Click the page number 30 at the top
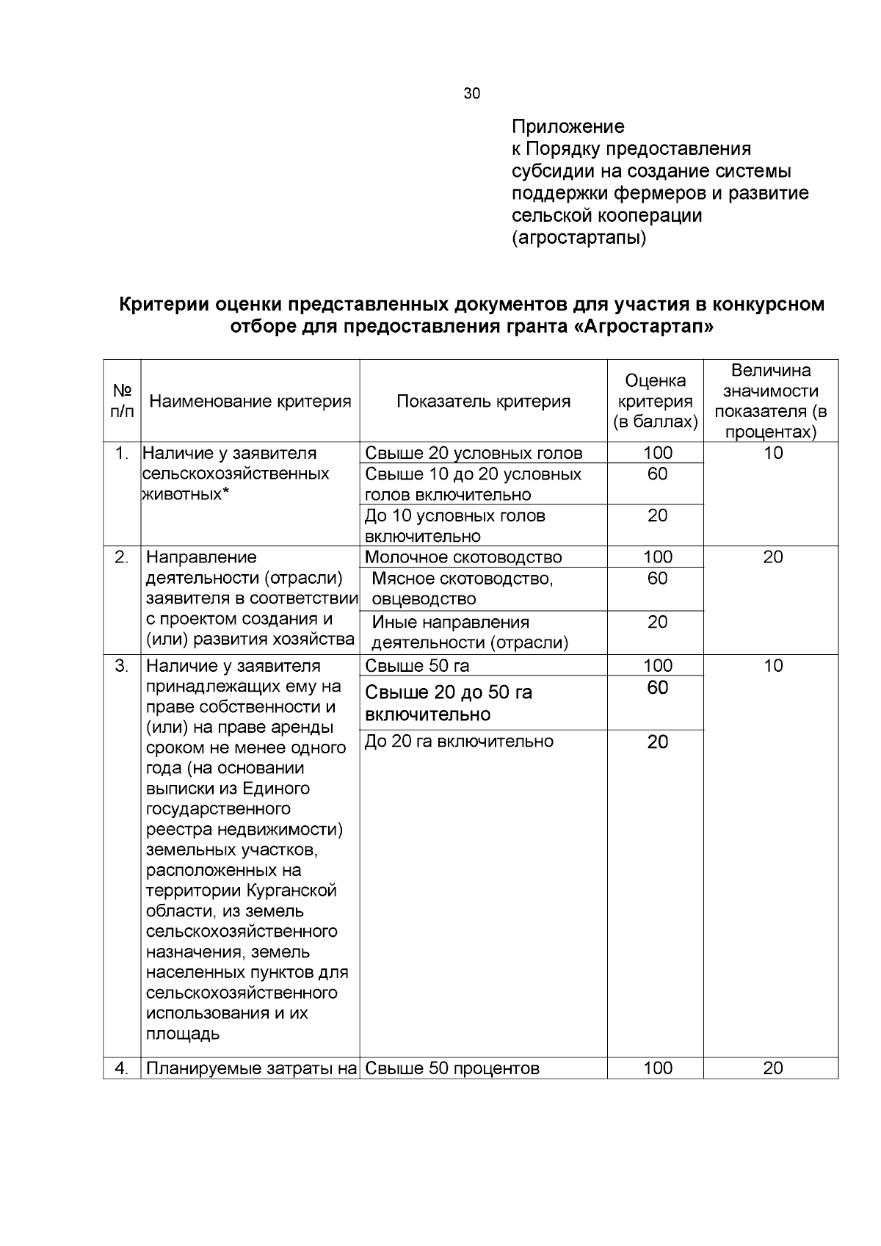[472, 93]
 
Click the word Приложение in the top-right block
[568, 127]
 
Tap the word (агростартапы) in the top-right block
[579, 238]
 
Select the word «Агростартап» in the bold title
[642, 327]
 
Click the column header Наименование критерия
[250, 401]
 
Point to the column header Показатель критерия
[483, 401]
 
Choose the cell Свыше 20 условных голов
[474, 453]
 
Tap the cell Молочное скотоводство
[463, 557]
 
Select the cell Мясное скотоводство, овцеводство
[463, 589]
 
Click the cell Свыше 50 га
[417, 666]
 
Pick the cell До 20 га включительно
[459, 742]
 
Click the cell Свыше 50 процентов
[452, 1068]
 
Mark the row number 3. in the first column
[122, 666]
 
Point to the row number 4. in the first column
[122, 1068]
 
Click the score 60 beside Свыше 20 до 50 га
[657, 688]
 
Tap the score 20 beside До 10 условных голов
[657, 515]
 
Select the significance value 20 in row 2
[772, 557]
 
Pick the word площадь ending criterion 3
[183, 1034]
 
